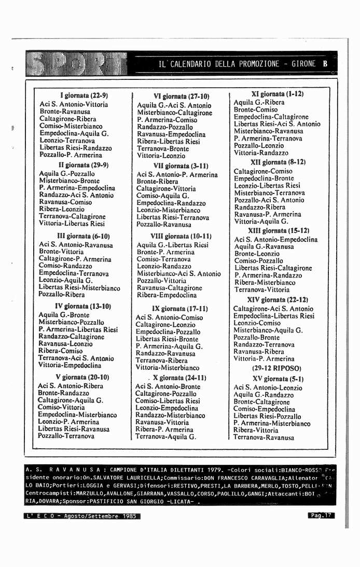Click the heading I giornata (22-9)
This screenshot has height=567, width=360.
tap(84, 96)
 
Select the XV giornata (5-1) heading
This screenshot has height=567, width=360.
tap(270, 379)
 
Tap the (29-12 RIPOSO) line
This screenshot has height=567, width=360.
tap(269, 368)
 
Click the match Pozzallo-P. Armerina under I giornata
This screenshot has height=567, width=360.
tap(71, 155)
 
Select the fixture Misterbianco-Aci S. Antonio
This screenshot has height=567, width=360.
tap(178, 273)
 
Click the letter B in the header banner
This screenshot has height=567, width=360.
tap(325, 64)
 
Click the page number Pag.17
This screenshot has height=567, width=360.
tap(321, 516)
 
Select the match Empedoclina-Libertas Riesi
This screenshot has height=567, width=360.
tap(273, 316)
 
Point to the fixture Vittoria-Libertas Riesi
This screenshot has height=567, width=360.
tap(72, 224)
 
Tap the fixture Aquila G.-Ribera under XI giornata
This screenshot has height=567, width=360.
tap(259, 103)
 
